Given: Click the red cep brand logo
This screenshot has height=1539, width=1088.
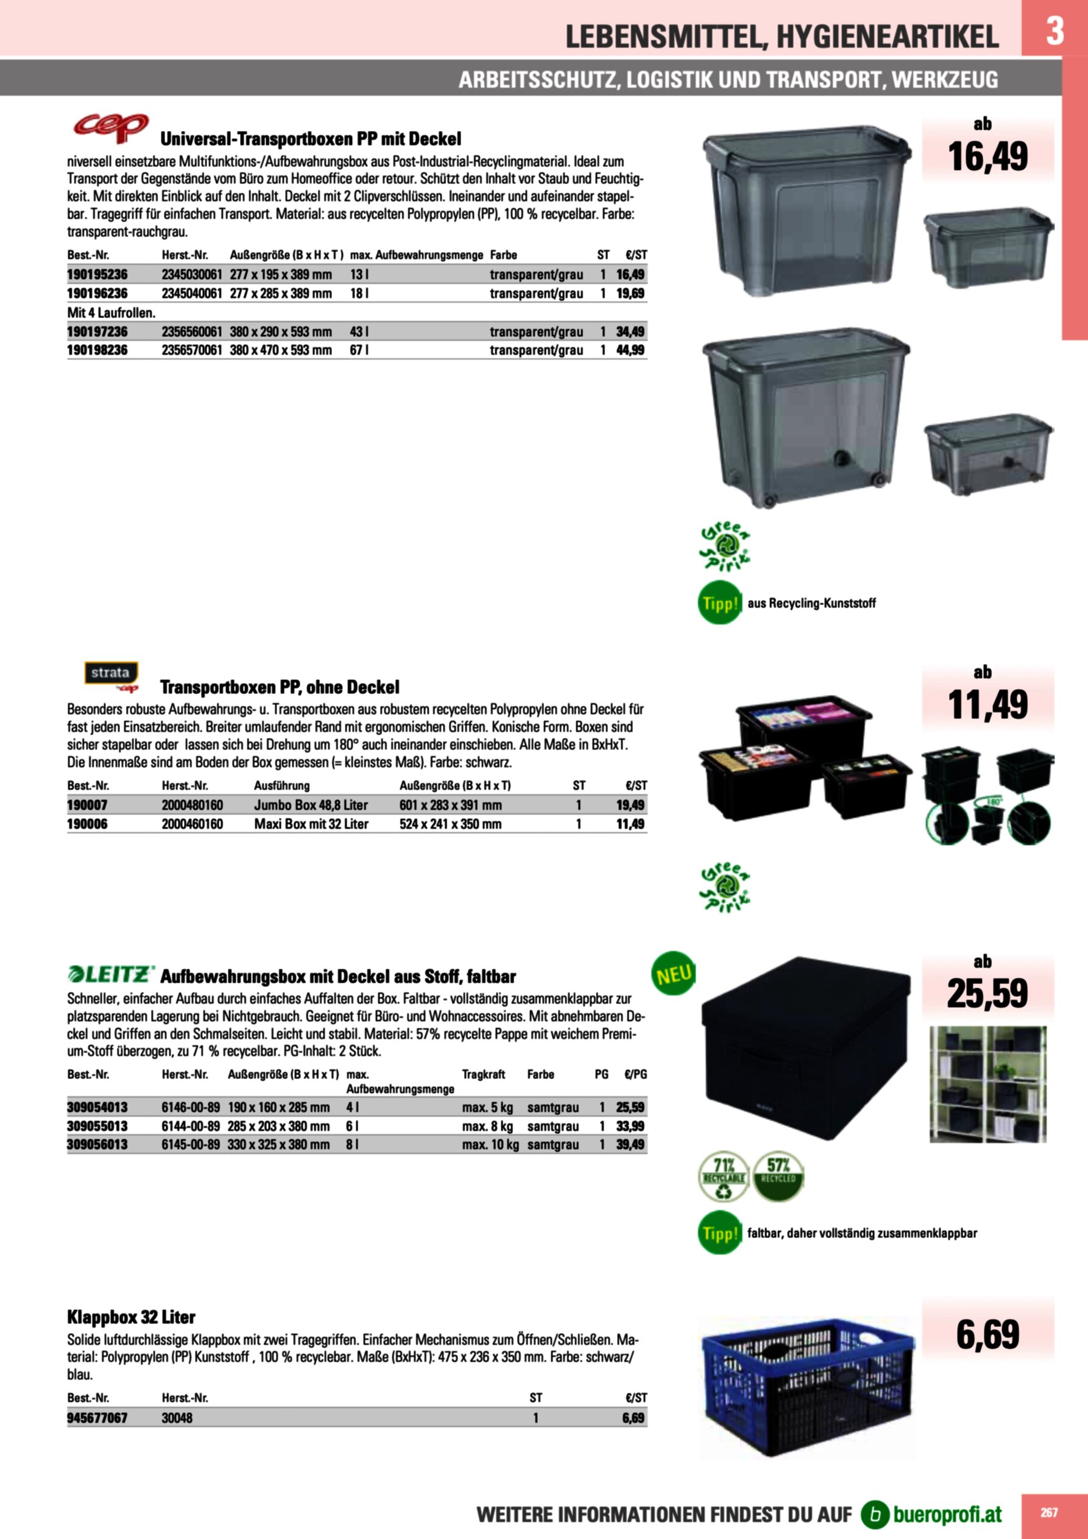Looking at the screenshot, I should [x=111, y=127].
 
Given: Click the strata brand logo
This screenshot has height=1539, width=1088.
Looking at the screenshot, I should [x=111, y=674].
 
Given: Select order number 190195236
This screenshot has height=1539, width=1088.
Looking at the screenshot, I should [x=97, y=274].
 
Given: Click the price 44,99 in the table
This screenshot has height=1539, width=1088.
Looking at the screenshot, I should [x=630, y=350].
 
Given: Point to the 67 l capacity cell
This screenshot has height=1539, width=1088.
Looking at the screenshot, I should [x=359, y=350].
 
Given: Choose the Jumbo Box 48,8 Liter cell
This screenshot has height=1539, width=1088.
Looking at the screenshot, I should [x=310, y=805].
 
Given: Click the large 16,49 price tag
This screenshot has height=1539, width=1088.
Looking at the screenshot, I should [x=987, y=157].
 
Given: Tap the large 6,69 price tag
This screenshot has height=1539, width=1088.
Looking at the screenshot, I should [x=987, y=1334].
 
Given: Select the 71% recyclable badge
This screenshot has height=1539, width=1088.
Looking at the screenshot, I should [x=723, y=1177].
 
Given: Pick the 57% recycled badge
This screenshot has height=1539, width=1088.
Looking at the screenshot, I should [x=778, y=1176].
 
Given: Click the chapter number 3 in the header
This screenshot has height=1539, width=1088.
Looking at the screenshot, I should [x=1054, y=30].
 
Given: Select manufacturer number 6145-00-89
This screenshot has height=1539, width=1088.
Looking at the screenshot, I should [x=191, y=1144].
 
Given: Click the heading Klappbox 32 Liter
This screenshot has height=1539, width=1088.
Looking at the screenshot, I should [x=131, y=1317].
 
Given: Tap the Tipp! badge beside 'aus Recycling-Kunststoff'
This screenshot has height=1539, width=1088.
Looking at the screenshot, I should [x=719, y=603].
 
